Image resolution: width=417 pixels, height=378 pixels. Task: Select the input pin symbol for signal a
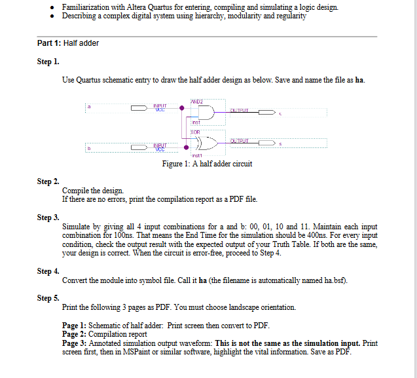140,106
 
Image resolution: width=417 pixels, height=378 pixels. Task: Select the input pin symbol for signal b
140,147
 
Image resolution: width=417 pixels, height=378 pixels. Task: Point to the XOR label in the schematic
194,131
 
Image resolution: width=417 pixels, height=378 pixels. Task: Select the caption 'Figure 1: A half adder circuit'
207,163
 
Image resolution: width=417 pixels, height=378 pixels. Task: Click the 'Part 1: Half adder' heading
68,43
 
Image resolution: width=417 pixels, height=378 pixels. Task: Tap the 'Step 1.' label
48,62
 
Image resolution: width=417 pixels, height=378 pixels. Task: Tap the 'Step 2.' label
48,181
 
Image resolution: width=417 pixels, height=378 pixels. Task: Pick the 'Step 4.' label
48,271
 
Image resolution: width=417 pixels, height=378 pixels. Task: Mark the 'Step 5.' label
48,298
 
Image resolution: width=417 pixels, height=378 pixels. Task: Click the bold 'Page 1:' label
74,326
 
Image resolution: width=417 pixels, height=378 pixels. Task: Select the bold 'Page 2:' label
74,334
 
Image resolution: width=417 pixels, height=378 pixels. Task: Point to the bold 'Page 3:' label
74,343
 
